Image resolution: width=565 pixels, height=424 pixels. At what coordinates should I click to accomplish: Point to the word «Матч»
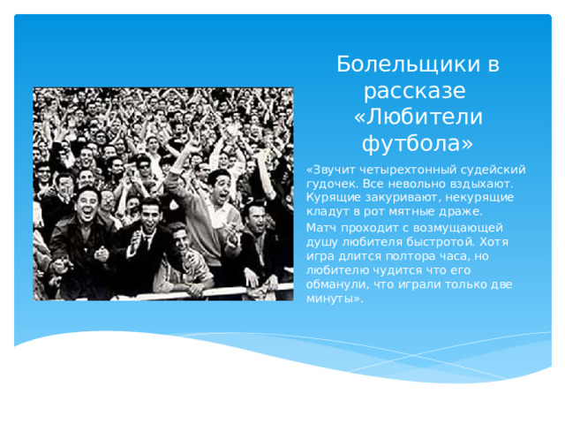pos(320,227)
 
